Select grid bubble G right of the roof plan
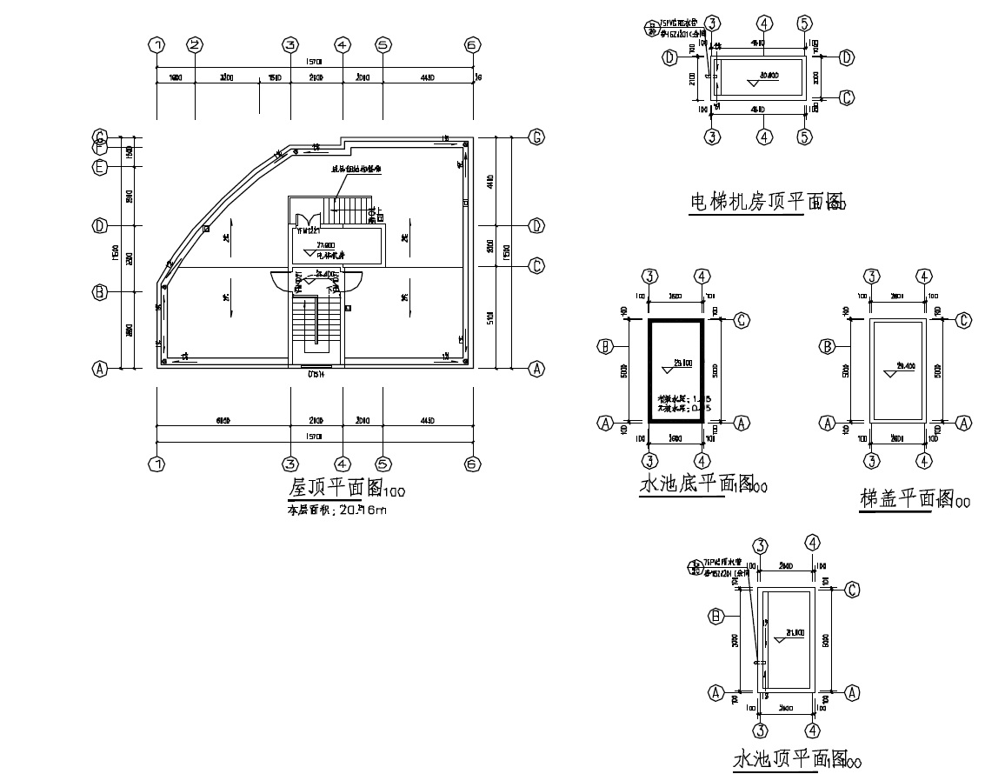point(537,137)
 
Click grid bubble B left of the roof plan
point(100,292)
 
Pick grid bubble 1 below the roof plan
point(156,464)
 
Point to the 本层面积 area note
point(336,510)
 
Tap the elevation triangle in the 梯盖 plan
point(890,372)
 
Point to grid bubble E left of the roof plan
point(100,166)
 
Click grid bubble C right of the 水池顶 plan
point(852,590)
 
